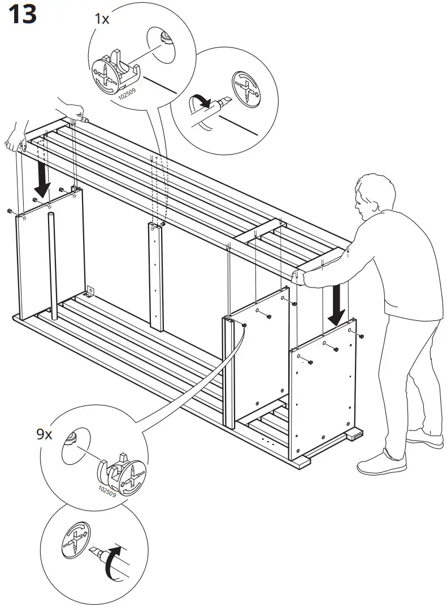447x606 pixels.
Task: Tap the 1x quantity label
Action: (102, 19)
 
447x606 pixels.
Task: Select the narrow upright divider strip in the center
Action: (155, 276)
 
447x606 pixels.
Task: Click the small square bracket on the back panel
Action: (89, 291)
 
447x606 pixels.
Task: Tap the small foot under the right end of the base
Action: (355, 435)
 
